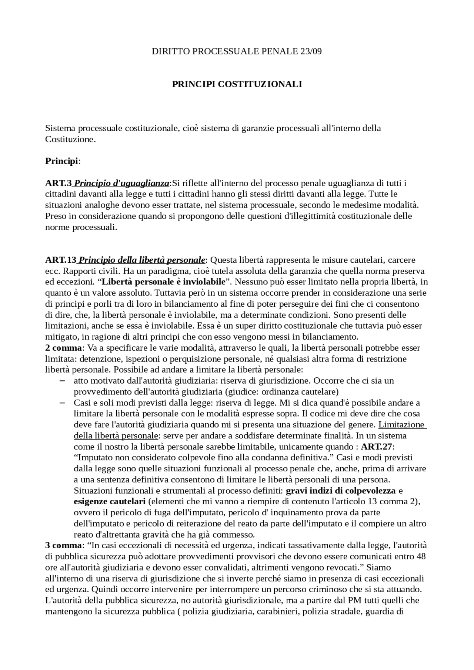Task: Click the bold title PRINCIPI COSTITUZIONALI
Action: [x=237, y=84]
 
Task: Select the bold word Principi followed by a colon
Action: [x=61, y=161]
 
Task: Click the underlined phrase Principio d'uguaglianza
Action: [x=122, y=183]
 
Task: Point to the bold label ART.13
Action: [x=60, y=260]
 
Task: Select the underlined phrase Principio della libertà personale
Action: [x=142, y=260]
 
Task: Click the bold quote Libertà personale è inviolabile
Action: [x=163, y=282]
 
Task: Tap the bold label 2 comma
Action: [x=63, y=348]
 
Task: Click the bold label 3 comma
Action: [x=63, y=545]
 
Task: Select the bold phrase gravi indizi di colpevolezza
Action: [x=341, y=491]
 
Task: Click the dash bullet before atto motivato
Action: [x=62, y=381]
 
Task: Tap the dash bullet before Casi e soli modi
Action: [x=62, y=403]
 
